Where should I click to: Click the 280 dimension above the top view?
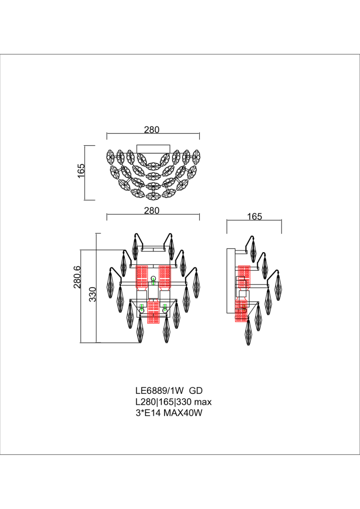(152, 130)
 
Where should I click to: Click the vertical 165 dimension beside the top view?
(81, 171)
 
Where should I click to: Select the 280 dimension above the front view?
(152, 211)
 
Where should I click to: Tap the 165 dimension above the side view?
(255, 217)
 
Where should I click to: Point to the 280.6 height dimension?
(77, 277)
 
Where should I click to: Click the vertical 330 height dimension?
(93, 294)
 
